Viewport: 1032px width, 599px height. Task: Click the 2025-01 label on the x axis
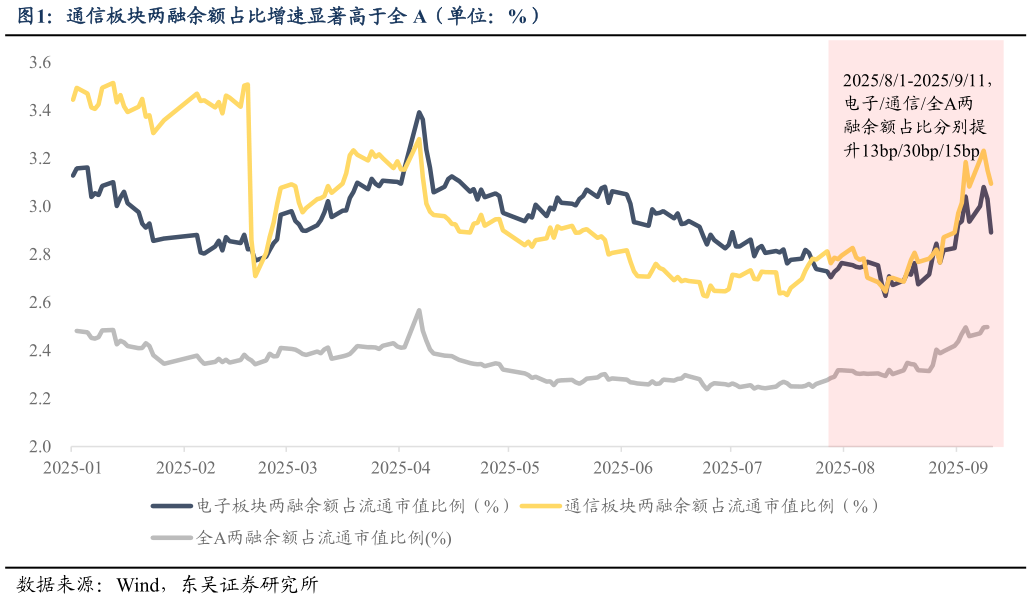73,467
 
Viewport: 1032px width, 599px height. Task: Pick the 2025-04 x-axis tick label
399,467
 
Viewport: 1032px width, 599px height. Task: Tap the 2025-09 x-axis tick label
957,467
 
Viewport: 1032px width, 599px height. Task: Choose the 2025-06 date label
621,467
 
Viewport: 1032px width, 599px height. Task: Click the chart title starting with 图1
280,16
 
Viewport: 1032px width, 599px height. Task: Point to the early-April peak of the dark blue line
419,112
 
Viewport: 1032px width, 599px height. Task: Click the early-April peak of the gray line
419,311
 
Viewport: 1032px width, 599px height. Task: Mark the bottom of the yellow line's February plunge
255,276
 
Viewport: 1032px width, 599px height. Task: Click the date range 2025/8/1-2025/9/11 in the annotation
914,79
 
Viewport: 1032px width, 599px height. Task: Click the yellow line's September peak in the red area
984,151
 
